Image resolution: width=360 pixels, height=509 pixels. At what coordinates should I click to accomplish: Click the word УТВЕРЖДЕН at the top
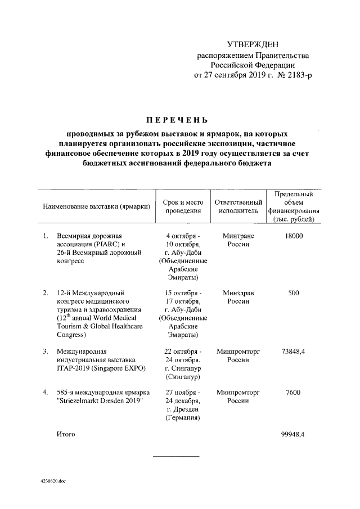tap(252, 44)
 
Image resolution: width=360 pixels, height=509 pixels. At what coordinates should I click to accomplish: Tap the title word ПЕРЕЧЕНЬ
tap(177, 120)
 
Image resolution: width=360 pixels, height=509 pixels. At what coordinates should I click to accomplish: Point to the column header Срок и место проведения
tap(182, 206)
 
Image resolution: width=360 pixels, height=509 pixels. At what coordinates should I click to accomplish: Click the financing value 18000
tap(293, 236)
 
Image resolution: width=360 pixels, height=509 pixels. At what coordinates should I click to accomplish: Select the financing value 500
tap(293, 293)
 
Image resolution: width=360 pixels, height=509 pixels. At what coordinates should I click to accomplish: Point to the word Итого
tap(66, 435)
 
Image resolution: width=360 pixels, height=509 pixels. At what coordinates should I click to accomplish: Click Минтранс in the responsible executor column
tap(238, 236)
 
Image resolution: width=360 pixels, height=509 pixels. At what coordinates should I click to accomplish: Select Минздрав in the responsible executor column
tap(238, 293)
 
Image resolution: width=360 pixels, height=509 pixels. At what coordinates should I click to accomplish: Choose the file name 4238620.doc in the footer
tap(53, 481)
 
